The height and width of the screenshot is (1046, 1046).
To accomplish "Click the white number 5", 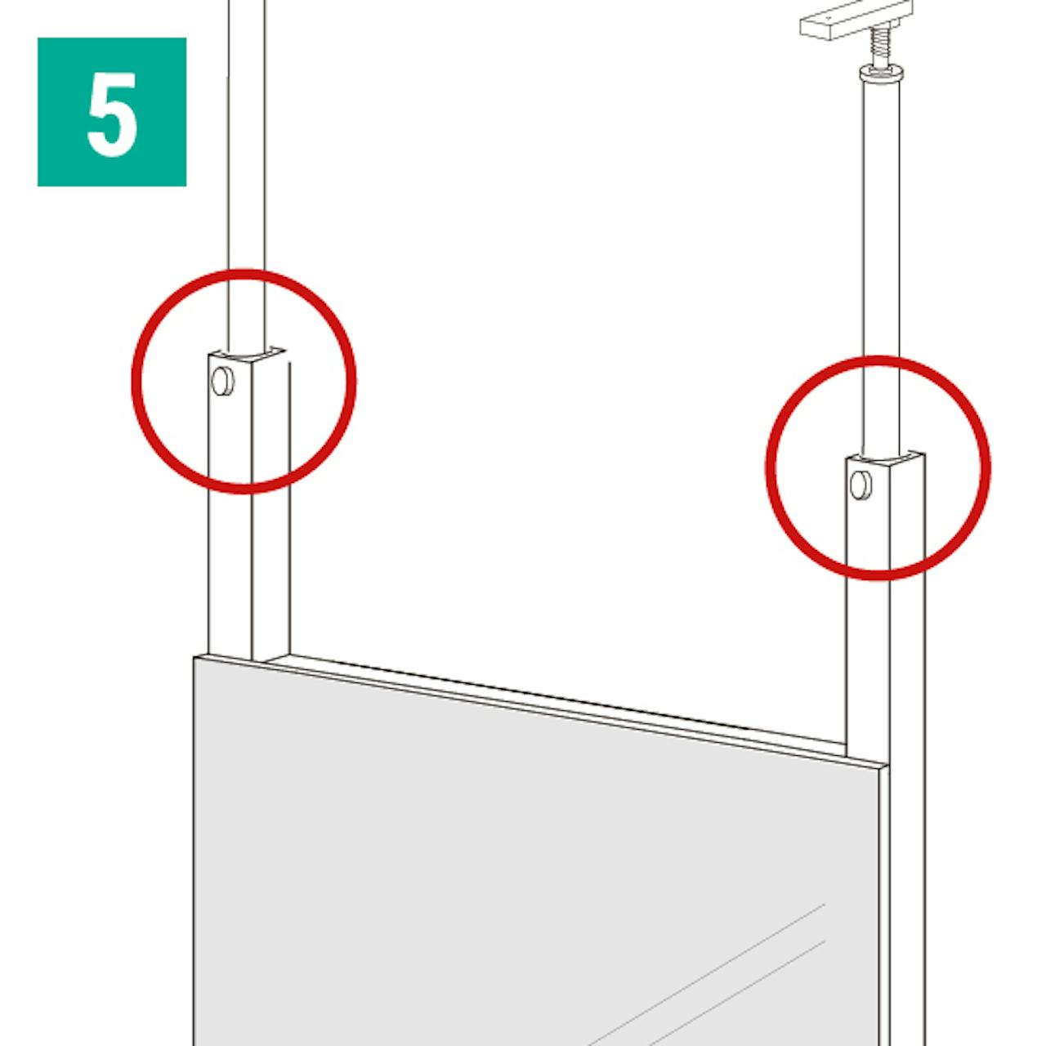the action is [x=112, y=114].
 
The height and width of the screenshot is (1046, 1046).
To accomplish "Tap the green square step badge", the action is [x=112, y=112].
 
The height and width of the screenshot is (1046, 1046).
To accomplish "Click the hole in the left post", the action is [x=222, y=381].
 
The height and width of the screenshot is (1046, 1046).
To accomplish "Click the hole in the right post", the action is [x=860, y=485].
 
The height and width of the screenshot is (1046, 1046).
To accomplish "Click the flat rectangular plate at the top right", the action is [x=856, y=19].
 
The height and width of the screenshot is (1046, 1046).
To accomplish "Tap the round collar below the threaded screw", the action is [x=880, y=73].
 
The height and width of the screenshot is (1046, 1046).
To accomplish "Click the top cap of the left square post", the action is [x=247, y=356].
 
